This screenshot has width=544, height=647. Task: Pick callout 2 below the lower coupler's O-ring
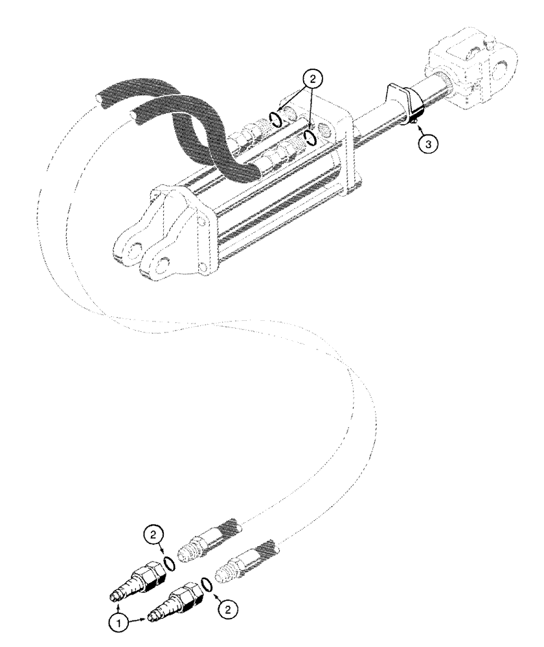226,609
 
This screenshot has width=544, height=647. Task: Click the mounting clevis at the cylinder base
159,233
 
